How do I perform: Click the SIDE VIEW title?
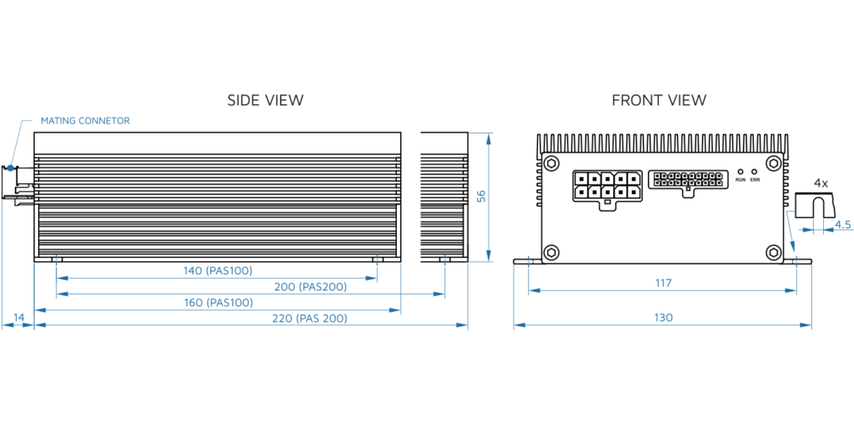[265, 100]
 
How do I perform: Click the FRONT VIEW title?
[659, 100]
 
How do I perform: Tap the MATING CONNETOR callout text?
[85, 121]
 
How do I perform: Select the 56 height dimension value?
[481, 196]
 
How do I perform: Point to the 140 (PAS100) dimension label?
[217, 270]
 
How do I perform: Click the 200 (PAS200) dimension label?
[310, 287]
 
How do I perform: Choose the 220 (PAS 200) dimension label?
[310, 319]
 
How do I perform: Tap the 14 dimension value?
[18, 319]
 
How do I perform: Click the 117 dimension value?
[663, 284]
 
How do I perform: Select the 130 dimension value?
[663, 318]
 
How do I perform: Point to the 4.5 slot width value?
[842, 224]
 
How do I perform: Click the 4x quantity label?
[821, 183]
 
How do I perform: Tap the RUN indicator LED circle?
[741, 170]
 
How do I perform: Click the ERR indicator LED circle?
[754, 170]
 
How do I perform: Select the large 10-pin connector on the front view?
[605, 186]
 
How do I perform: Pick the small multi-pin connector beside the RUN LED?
[687, 181]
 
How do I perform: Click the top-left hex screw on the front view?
[551, 164]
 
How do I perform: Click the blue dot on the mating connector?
[11, 168]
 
